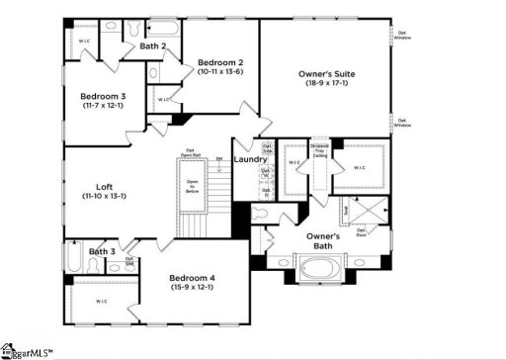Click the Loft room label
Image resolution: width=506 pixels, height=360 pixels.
pyautogui.click(x=104, y=186)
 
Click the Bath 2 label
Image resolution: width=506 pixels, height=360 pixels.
pyautogui.click(x=152, y=45)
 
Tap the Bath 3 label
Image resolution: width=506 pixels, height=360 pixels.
pyautogui.click(x=102, y=252)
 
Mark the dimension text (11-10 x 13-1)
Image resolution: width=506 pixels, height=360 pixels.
pyautogui.click(x=104, y=197)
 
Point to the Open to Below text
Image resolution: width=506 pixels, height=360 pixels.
pyautogui.click(x=193, y=187)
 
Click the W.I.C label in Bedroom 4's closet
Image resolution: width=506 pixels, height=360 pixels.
pyautogui.click(x=100, y=300)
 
